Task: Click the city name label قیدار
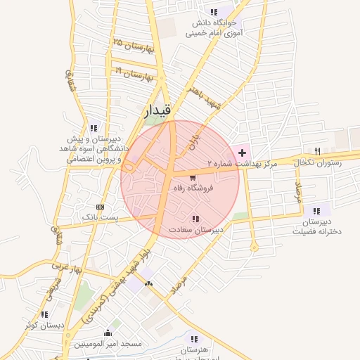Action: point(157,110)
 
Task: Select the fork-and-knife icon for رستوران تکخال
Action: point(317,152)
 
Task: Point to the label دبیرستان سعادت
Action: point(195,230)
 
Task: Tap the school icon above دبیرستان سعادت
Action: point(195,219)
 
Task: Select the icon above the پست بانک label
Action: point(100,207)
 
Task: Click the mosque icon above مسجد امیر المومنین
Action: point(108,333)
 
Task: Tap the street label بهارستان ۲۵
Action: point(132,46)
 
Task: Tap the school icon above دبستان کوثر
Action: point(44,314)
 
